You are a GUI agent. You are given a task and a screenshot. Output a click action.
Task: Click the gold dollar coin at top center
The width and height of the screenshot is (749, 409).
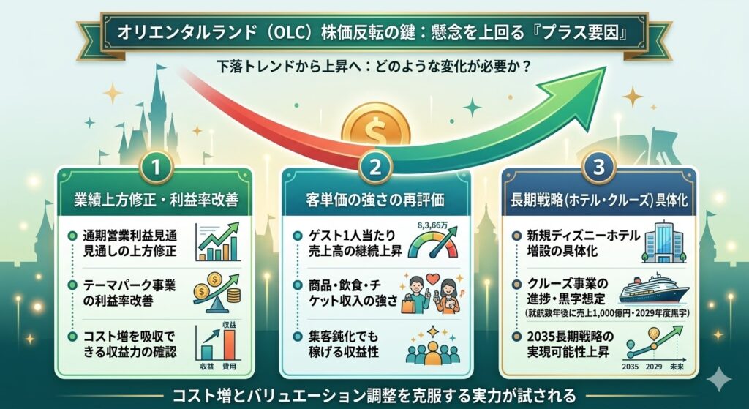tap(374, 130)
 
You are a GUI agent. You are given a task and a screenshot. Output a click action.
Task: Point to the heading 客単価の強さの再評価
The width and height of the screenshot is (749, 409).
tap(375, 199)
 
